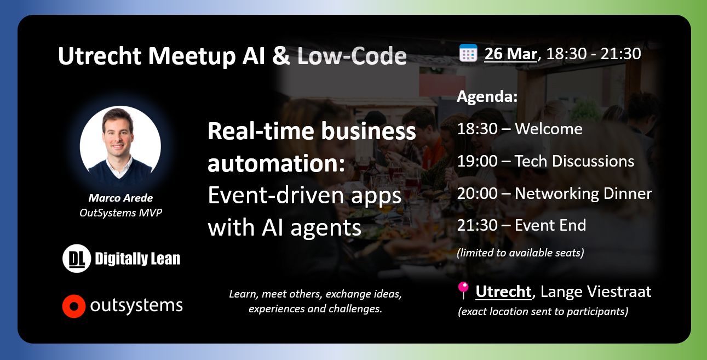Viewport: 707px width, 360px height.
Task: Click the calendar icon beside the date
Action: click(x=468, y=53)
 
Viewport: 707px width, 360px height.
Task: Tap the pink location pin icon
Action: click(x=463, y=290)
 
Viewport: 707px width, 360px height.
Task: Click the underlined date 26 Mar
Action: click(x=510, y=54)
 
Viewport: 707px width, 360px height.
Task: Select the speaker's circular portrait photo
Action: click(x=120, y=146)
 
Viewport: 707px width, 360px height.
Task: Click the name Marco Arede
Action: click(x=120, y=198)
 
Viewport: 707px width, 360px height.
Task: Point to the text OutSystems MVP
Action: click(x=120, y=213)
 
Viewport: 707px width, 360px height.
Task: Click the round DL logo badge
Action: click(x=77, y=258)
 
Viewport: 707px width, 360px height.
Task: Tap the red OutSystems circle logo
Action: click(x=74, y=306)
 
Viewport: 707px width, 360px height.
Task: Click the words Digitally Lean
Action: click(x=137, y=259)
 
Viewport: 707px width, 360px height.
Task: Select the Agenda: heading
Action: click(x=487, y=96)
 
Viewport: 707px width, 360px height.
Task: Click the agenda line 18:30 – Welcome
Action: click(x=520, y=129)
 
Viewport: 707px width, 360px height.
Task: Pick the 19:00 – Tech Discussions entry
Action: click(x=545, y=161)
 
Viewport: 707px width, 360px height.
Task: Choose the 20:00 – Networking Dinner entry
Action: click(x=554, y=193)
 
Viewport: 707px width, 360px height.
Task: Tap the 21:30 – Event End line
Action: click(x=521, y=225)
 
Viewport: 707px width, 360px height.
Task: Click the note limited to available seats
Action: click(x=520, y=253)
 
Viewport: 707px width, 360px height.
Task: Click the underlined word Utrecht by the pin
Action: click(x=503, y=292)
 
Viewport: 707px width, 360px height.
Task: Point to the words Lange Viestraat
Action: click(x=596, y=292)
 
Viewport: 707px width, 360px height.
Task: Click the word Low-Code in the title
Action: click(x=352, y=56)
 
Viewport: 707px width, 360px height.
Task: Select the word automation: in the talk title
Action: click(x=276, y=164)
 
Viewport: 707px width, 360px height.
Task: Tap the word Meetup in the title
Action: click(x=192, y=56)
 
